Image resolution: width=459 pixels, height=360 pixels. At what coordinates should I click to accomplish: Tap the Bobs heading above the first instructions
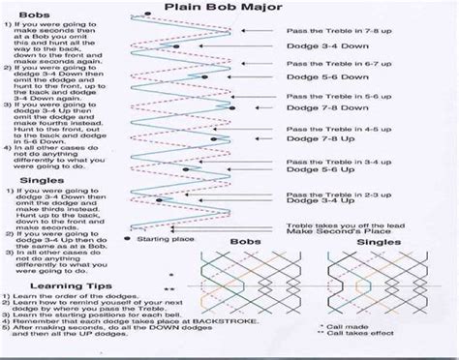pyautogui.click(x=21, y=19)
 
